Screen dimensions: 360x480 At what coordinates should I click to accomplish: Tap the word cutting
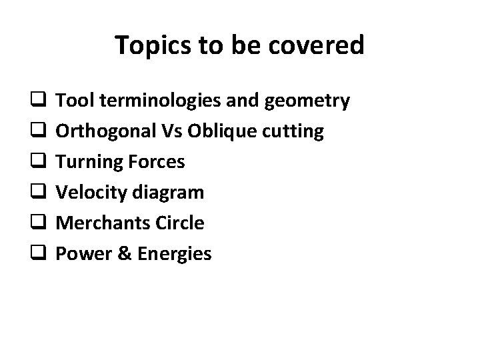[291, 132]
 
